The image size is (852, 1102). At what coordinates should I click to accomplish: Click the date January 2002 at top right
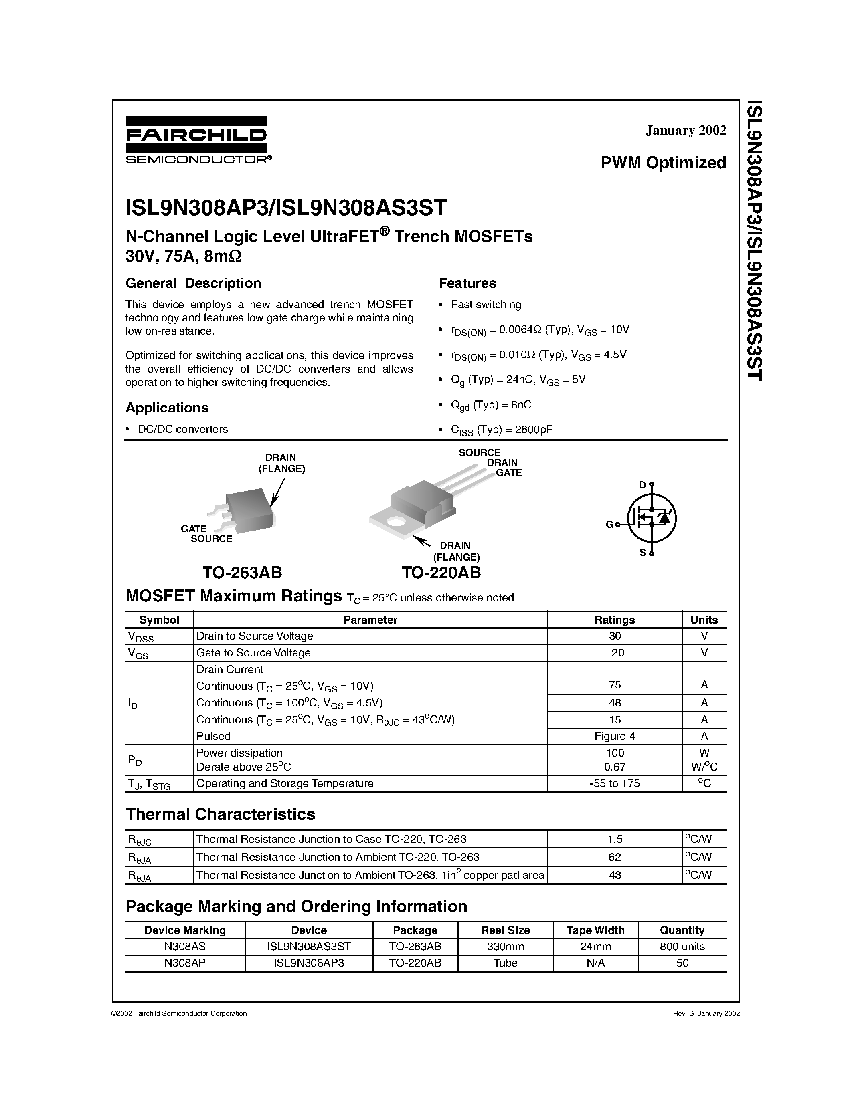(686, 130)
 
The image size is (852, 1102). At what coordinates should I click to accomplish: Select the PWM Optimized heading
(663, 162)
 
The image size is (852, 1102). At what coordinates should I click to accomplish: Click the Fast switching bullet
(486, 305)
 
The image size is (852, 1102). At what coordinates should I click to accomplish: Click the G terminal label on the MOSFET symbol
(609, 525)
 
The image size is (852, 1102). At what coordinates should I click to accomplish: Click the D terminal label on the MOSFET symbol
(642, 485)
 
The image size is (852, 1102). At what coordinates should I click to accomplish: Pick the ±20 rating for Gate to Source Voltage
(614, 653)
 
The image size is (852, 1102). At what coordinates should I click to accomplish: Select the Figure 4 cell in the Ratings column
(614, 736)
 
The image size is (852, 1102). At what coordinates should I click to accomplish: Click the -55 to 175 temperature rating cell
(614, 783)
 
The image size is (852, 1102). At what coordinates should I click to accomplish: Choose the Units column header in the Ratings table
(704, 620)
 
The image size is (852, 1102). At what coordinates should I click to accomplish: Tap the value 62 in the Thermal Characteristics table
(614, 857)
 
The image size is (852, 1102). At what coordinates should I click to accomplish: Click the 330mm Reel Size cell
(505, 947)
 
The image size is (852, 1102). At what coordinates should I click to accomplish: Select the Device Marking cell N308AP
(185, 963)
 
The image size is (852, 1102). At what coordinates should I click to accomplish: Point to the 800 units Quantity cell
(682, 947)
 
